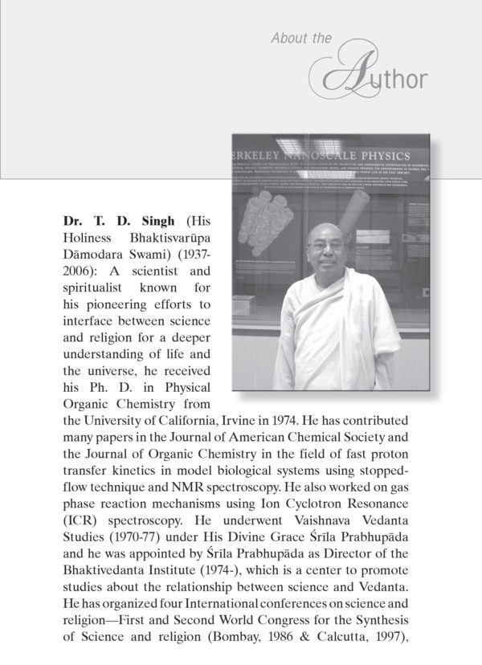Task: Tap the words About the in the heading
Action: point(299,37)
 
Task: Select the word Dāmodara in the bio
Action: point(90,255)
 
